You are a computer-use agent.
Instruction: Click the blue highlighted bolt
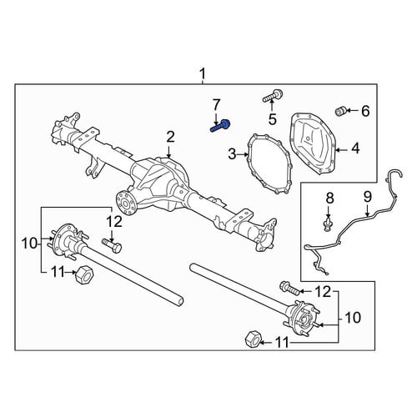pos(220,126)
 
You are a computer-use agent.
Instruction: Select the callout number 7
pos(216,106)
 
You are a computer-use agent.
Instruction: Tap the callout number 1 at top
pos(203,74)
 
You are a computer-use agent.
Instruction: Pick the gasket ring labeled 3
pos(269,164)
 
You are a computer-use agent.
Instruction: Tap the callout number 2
pos(170,138)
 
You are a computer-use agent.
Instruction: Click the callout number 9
pos(367,197)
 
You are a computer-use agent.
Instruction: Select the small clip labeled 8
pos(329,224)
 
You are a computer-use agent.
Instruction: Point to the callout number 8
pos(329,198)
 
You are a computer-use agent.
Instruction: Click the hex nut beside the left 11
pos(84,274)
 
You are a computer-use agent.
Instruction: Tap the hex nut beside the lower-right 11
pos(253,339)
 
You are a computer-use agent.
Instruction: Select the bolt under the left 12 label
pos(112,245)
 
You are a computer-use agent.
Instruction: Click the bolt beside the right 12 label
pos(289,288)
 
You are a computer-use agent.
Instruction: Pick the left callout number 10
pos(30,244)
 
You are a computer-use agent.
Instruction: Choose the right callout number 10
pos(352,318)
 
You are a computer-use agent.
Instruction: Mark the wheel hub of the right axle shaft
pos(304,319)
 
